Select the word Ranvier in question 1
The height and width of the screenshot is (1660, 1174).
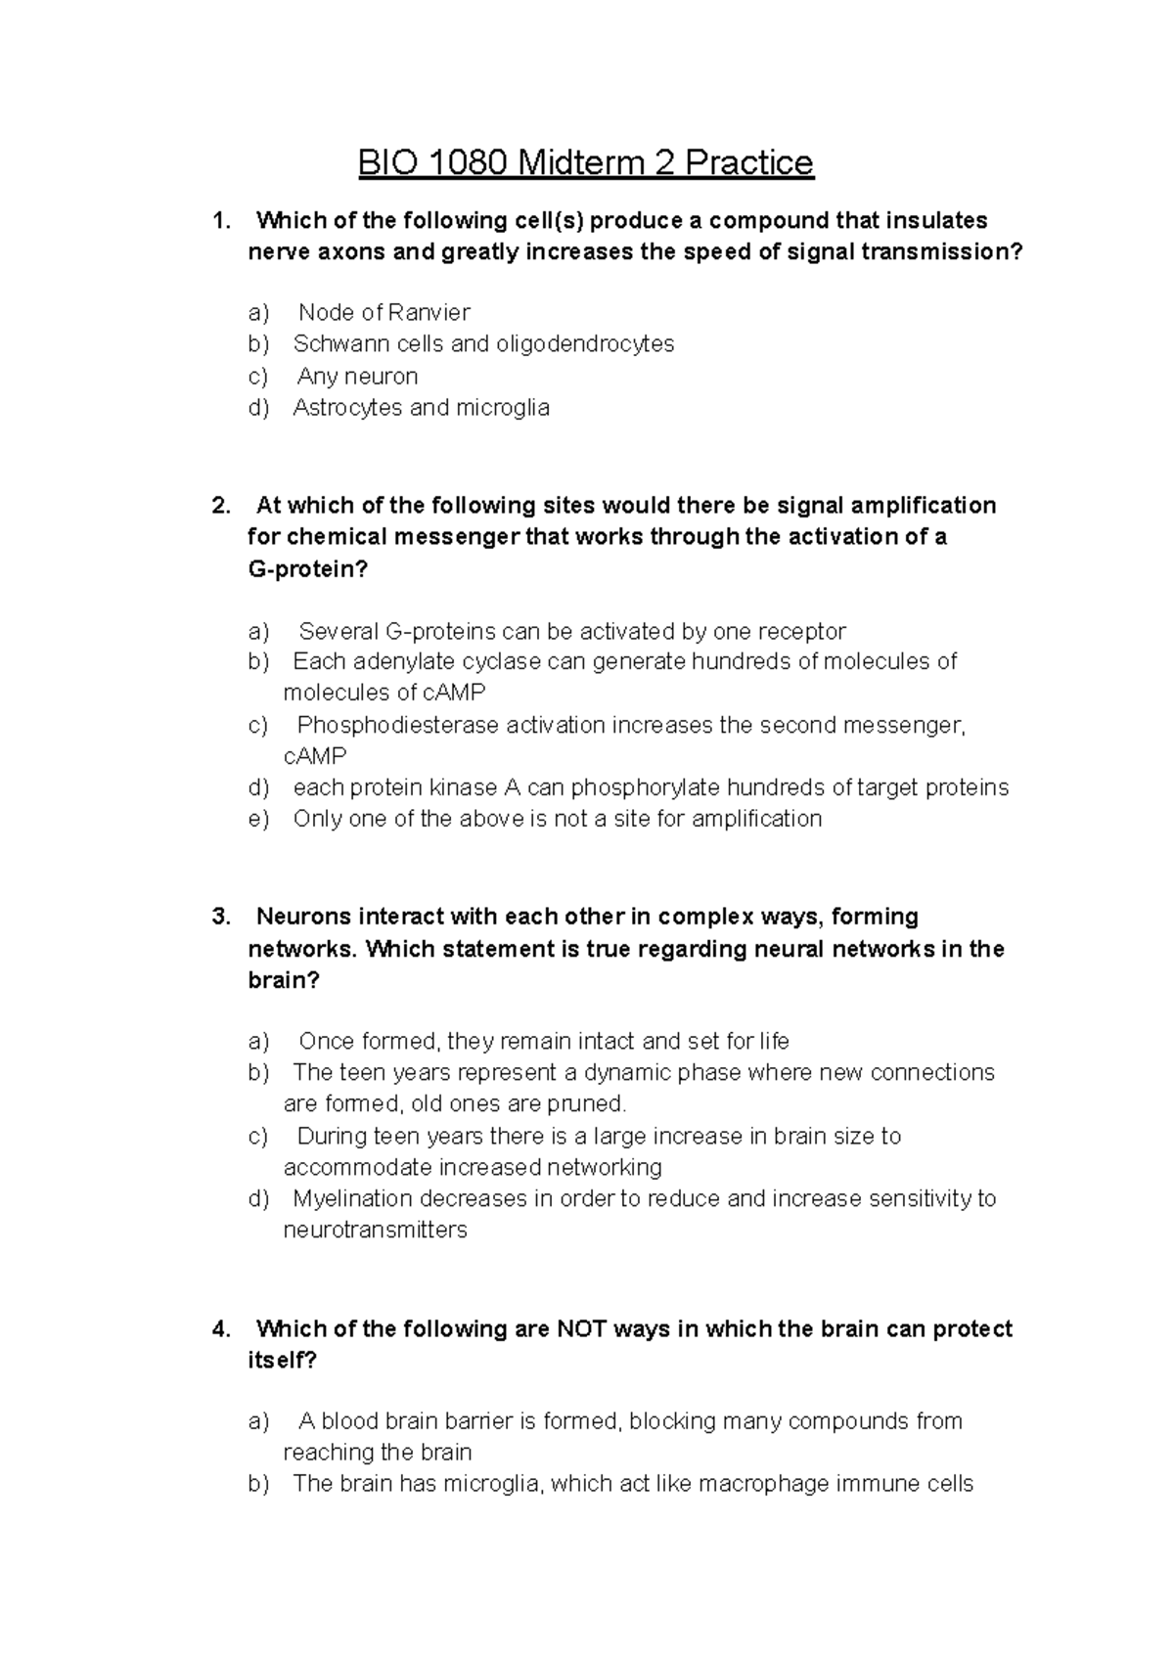(429, 312)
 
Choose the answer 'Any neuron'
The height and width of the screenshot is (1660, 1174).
(357, 376)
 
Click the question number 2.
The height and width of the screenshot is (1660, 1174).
(220, 506)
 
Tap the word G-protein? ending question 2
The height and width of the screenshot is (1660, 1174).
(307, 569)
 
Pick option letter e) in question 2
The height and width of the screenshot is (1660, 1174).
(257, 819)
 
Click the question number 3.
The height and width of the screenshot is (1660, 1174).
(220, 918)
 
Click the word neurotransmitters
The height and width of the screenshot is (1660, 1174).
(375, 1230)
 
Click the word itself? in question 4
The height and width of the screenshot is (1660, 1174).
(282, 1361)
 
